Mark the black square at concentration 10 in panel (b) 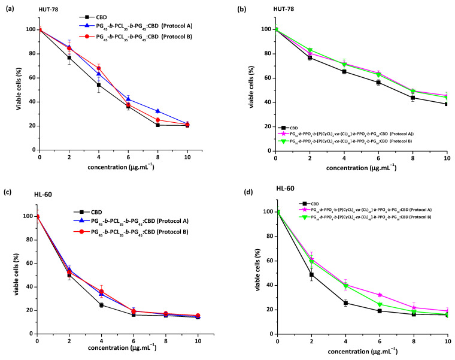(446, 104)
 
